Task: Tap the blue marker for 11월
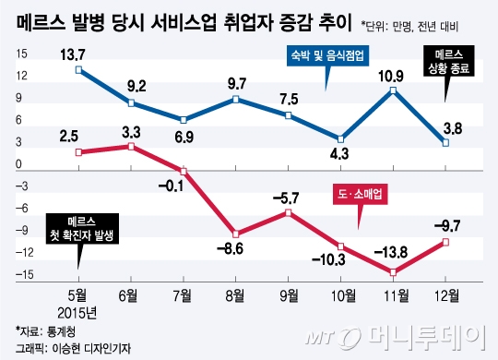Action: tap(394, 90)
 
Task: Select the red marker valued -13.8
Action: tap(394, 272)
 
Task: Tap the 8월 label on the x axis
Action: tap(237, 296)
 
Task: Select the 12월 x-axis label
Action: tap(446, 296)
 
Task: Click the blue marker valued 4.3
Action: tap(341, 138)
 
